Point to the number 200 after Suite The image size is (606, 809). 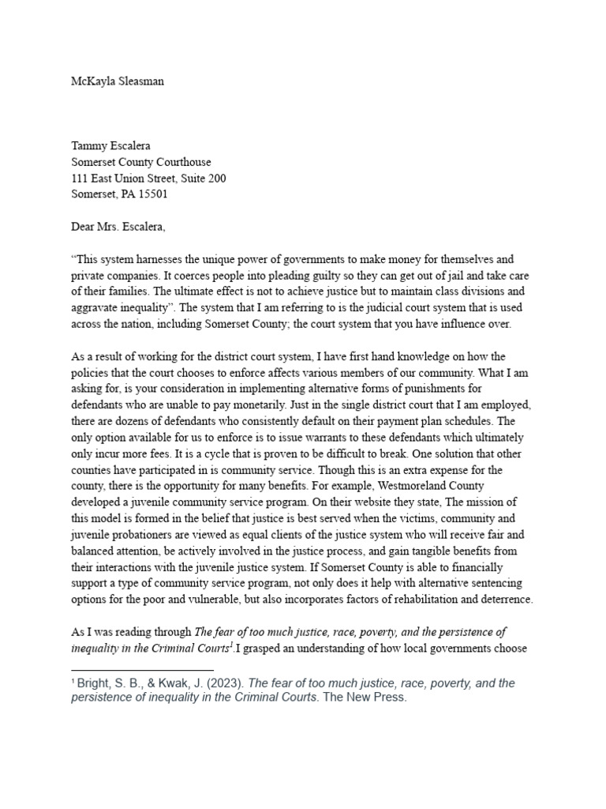(215, 179)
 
